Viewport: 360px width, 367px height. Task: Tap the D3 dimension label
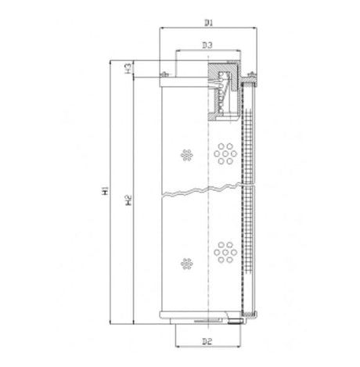[207, 46]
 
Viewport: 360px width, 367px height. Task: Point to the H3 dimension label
[127, 70]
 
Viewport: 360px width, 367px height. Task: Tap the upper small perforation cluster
[185, 154]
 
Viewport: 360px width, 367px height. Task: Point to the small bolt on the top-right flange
[252, 75]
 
